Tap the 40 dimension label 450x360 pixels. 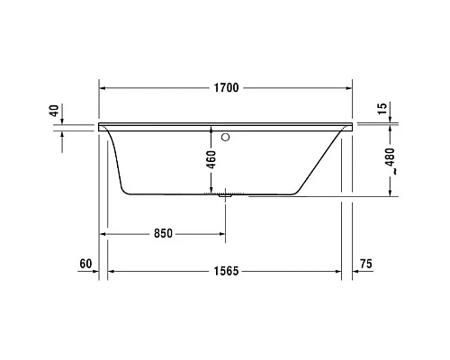(54, 112)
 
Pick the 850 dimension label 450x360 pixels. (162, 233)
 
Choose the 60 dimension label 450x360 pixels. (86, 264)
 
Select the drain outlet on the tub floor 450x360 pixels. (225, 193)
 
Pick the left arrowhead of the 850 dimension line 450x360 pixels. (103, 233)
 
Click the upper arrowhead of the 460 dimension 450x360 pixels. (213, 129)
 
